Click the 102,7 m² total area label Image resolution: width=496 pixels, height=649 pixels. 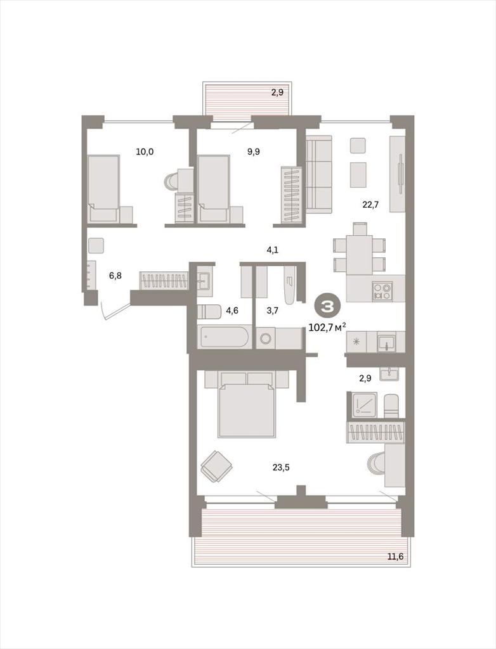[x=327, y=328]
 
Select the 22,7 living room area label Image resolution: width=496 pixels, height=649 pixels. [x=370, y=205]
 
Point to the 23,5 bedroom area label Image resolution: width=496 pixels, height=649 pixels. [x=281, y=467]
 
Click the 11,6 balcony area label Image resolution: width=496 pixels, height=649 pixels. [x=395, y=556]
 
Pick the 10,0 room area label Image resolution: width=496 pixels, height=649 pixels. [x=145, y=151]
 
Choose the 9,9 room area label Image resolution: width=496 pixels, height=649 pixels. [x=254, y=151]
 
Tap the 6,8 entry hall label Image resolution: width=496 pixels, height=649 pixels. [x=115, y=275]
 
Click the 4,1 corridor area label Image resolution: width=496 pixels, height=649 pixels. [x=272, y=250]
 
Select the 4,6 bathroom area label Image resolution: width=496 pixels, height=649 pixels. [x=232, y=311]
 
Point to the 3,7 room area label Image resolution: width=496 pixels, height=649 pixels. [x=272, y=311]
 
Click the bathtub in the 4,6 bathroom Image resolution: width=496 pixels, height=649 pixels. [x=224, y=337]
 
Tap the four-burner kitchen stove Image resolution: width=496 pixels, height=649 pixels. [x=382, y=291]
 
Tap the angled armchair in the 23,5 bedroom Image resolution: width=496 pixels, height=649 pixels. [x=216, y=466]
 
